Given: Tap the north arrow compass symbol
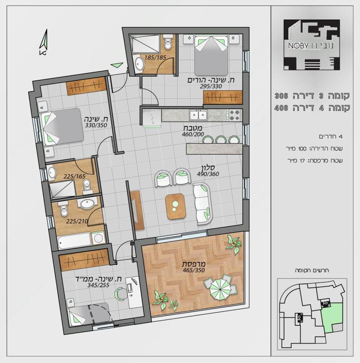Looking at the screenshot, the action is (x=44, y=42).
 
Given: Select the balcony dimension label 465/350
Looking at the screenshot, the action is (x=194, y=270).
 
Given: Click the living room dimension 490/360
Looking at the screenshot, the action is (x=208, y=174).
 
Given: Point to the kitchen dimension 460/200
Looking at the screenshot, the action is (x=193, y=134).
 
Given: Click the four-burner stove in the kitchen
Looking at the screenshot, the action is (x=235, y=115).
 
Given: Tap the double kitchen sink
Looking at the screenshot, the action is (x=198, y=115).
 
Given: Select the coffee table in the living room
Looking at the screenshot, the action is (x=176, y=206).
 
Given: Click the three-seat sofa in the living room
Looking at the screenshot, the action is (x=202, y=204).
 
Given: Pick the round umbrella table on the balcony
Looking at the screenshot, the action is (x=220, y=289).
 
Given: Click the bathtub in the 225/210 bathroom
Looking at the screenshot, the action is (x=74, y=241).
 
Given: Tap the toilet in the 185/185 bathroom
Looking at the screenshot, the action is (x=168, y=42).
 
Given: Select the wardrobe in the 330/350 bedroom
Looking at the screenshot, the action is (x=86, y=86).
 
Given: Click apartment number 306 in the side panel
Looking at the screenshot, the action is (x=281, y=96).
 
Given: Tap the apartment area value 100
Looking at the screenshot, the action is (x=302, y=149).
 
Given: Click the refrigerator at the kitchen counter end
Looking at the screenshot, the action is (x=152, y=118).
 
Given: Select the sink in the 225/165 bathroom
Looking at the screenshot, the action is (x=52, y=172).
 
